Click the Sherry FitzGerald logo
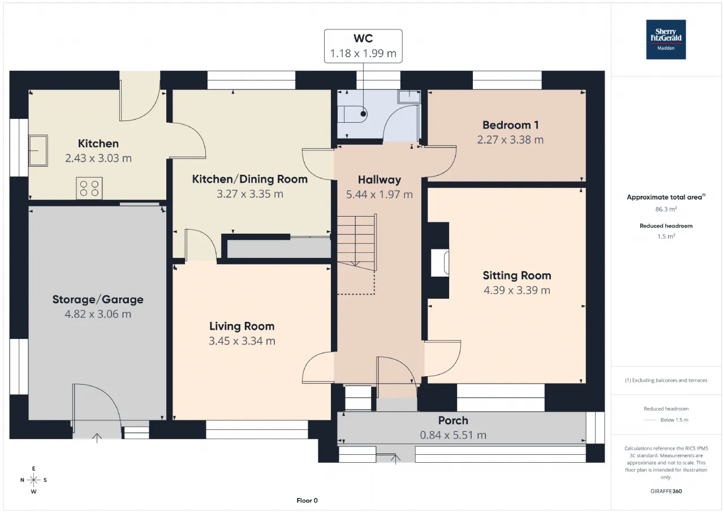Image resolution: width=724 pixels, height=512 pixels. click(x=666, y=40)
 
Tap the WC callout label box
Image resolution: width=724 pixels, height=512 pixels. click(x=363, y=46)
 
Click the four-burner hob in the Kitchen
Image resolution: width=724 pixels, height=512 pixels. click(x=89, y=188)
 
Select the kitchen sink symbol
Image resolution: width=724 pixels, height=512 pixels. click(x=38, y=150)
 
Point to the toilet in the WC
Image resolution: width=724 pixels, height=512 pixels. click(x=352, y=114)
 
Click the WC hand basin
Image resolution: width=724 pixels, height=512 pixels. click(x=409, y=97)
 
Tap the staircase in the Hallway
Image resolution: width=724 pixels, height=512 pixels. click(x=357, y=243)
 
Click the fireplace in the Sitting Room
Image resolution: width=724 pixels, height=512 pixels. click(x=440, y=263)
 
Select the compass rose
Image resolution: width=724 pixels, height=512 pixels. click(x=33, y=480)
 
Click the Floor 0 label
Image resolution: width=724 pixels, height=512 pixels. click(x=307, y=500)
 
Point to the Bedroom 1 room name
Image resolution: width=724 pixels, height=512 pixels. click(x=510, y=125)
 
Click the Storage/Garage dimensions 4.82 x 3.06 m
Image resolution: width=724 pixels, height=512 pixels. click(x=98, y=314)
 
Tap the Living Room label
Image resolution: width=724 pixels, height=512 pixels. click(x=242, y=326)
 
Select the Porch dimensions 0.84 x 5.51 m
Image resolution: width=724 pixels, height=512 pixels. click(x=453, y=435)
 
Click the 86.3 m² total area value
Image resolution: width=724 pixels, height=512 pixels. click(x=666, y=209)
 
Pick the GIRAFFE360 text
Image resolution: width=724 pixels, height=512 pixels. click(x=666, y=491)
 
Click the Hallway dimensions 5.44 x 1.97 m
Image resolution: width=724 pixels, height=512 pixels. click(x=380, y=195)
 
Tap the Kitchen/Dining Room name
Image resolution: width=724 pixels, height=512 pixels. click(x=250, y=179)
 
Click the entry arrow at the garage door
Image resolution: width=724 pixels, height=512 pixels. click(x=97, y=438)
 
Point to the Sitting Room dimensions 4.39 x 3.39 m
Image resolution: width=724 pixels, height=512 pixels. click(x=517, y=290)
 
